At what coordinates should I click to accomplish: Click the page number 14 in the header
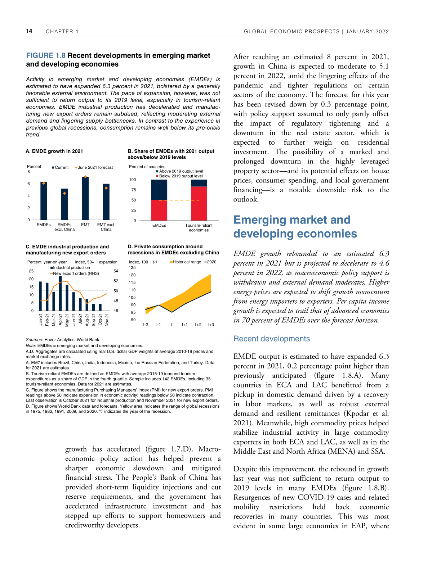click(x=29, y=31)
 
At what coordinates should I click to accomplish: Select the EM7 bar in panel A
click(x=85, y=198)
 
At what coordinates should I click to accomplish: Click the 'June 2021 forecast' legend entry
click(x=95, y=168)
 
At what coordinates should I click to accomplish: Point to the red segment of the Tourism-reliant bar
click(x=199, y=203)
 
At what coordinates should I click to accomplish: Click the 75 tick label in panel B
click(x=134, y=190)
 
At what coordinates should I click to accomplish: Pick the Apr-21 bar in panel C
click(x=61, y=293)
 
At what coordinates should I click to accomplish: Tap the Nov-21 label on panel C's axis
click(x=107, y=320)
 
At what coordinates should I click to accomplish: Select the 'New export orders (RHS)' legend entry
click(x=76, y=273)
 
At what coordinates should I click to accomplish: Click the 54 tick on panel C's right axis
click(x=116, y=271)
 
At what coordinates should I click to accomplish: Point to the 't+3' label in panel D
click(x=211, y=325)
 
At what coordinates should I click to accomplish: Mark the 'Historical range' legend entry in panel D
click(x=187, y=262)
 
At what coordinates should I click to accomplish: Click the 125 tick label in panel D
click(x=132, y=268)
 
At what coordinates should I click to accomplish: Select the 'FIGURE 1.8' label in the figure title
click(x=46, y=56)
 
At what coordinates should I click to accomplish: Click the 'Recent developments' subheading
click(x=272, y=339)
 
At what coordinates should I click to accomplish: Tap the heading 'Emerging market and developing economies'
click(x=295, y=227)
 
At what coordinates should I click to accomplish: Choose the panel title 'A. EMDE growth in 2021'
click(x=54, y=151)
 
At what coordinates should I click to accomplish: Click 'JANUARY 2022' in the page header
click(x=367, y=32)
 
